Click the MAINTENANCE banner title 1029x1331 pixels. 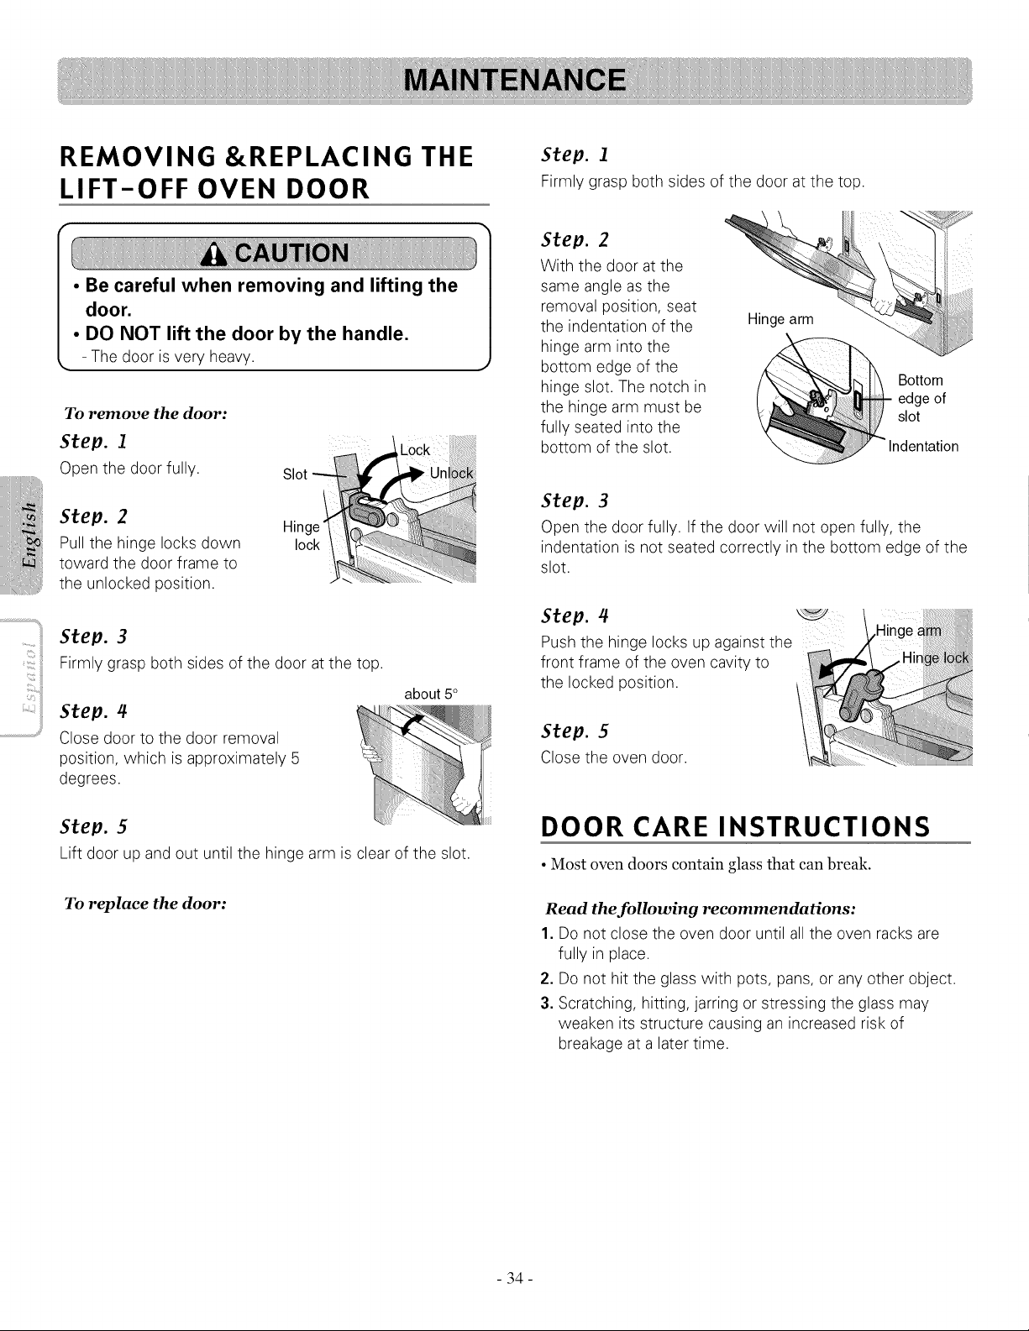pyautogui.click(x=515, y=81)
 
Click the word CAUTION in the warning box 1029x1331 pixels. pyautogui.click(x=292, y=253)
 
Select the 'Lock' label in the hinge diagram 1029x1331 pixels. pyautogui.click(x=415, y=450)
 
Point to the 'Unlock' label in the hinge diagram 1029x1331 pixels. pyautogui.click(x=451, y=474)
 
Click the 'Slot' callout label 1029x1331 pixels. pyautogui.click(x=295, y=474)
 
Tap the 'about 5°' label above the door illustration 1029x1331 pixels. pyautogui.click(x=431, y=694)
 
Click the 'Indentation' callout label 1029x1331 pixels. pyautogui.click(x=923, y=447)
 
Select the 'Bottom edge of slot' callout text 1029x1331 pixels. pyautogui.click(x=921, y=398)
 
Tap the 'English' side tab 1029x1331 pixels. pyautogui.click(x=29, y=536)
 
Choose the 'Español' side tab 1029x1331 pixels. pyautogui.click(x=29, y=679)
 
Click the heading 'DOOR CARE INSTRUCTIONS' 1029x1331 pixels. pyautogui.click(x=735, y=827)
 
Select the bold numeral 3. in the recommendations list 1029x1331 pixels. pyautogui.click(x=547, y=1003)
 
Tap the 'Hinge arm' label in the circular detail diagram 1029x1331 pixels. pyautogui.click(x=780, y=320)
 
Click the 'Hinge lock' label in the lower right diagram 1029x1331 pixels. pyautogui.click(x=935, y=658)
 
